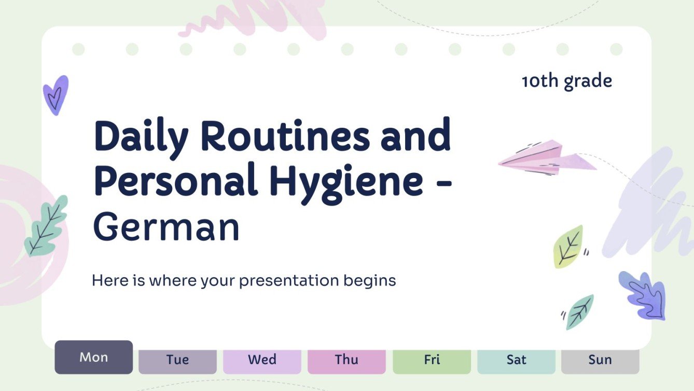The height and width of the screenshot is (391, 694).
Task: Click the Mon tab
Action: tap(94, 357)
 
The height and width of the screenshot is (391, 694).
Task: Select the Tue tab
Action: tap(177, 360)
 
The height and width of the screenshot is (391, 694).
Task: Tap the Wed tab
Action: tap(262, 360)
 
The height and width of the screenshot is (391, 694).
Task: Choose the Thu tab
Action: tap(346, 360)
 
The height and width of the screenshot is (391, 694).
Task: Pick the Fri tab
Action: tap(432, 360)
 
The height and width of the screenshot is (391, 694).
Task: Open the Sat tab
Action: tap(516, 360)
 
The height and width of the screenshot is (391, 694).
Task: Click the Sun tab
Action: tap(600, 360)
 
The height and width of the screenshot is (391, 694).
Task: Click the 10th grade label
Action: tap(567, 81)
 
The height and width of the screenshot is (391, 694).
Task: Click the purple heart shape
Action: tap(56, 95)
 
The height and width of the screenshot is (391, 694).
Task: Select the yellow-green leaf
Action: tap(568, 246)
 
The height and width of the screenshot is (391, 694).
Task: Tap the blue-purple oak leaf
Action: tap(643, 295)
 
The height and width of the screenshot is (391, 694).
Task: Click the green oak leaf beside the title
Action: tap(46, 226)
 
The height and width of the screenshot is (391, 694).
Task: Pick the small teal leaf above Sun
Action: tap(580, 312)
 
